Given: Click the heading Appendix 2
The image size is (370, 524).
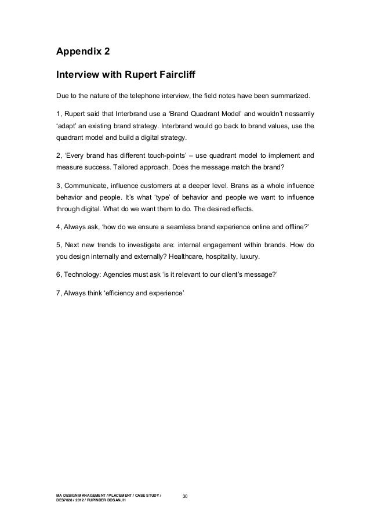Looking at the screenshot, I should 82,52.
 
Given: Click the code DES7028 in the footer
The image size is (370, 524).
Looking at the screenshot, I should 65,500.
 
